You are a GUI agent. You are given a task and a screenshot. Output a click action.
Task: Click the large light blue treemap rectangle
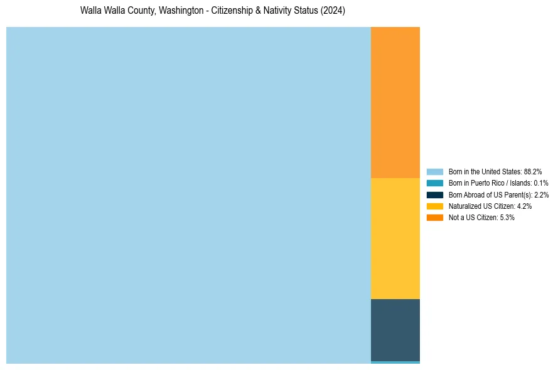pos(188,195)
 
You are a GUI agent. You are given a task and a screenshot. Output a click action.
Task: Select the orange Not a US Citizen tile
pos(395,102)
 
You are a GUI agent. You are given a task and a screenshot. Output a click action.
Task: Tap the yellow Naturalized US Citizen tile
pos(395,238)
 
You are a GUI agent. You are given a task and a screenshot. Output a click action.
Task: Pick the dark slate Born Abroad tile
pos(395,330)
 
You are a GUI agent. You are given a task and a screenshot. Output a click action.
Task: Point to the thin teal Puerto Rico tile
pos(395,362)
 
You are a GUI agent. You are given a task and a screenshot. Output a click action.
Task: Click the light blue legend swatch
pos(435,171)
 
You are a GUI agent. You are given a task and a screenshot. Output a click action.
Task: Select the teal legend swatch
pos(435,183)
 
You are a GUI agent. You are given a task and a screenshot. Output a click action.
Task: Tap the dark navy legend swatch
pos(435,194)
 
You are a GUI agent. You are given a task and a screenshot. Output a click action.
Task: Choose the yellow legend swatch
pos(435,206)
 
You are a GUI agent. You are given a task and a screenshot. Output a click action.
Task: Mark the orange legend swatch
pos(435,218)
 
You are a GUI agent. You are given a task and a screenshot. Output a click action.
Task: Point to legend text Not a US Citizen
pos(473,218)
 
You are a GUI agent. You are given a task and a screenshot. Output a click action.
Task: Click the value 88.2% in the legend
pos(533,171)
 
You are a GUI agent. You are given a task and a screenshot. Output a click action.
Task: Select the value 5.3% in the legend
pos(507,218)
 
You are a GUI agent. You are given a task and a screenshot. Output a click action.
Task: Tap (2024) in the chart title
pos(333,11)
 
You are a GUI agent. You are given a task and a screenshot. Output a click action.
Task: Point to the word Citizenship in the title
pos(234,11)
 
